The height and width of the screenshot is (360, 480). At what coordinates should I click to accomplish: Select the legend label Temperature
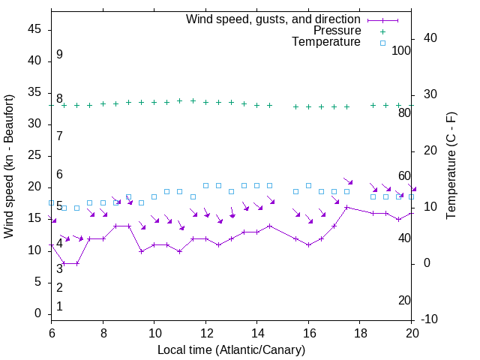pos(326,42)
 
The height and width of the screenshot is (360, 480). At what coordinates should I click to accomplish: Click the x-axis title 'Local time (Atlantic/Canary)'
pos(232,350)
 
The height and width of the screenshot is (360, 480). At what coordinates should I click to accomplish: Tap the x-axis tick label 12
pos(205,331)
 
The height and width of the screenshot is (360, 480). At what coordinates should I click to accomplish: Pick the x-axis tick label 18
pos(360,331)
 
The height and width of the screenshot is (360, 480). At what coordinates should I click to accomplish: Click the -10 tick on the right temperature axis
pos(430,319)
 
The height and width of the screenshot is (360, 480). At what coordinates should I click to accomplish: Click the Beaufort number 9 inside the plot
pos(59,55)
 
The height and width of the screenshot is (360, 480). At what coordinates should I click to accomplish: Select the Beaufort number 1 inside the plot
pos(59,307)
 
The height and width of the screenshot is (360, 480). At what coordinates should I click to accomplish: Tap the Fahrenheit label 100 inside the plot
pos(402,50)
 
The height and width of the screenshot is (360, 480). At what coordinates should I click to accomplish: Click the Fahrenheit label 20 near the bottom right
pos(404,301)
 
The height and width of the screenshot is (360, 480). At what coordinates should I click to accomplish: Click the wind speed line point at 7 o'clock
pos(76,263)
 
